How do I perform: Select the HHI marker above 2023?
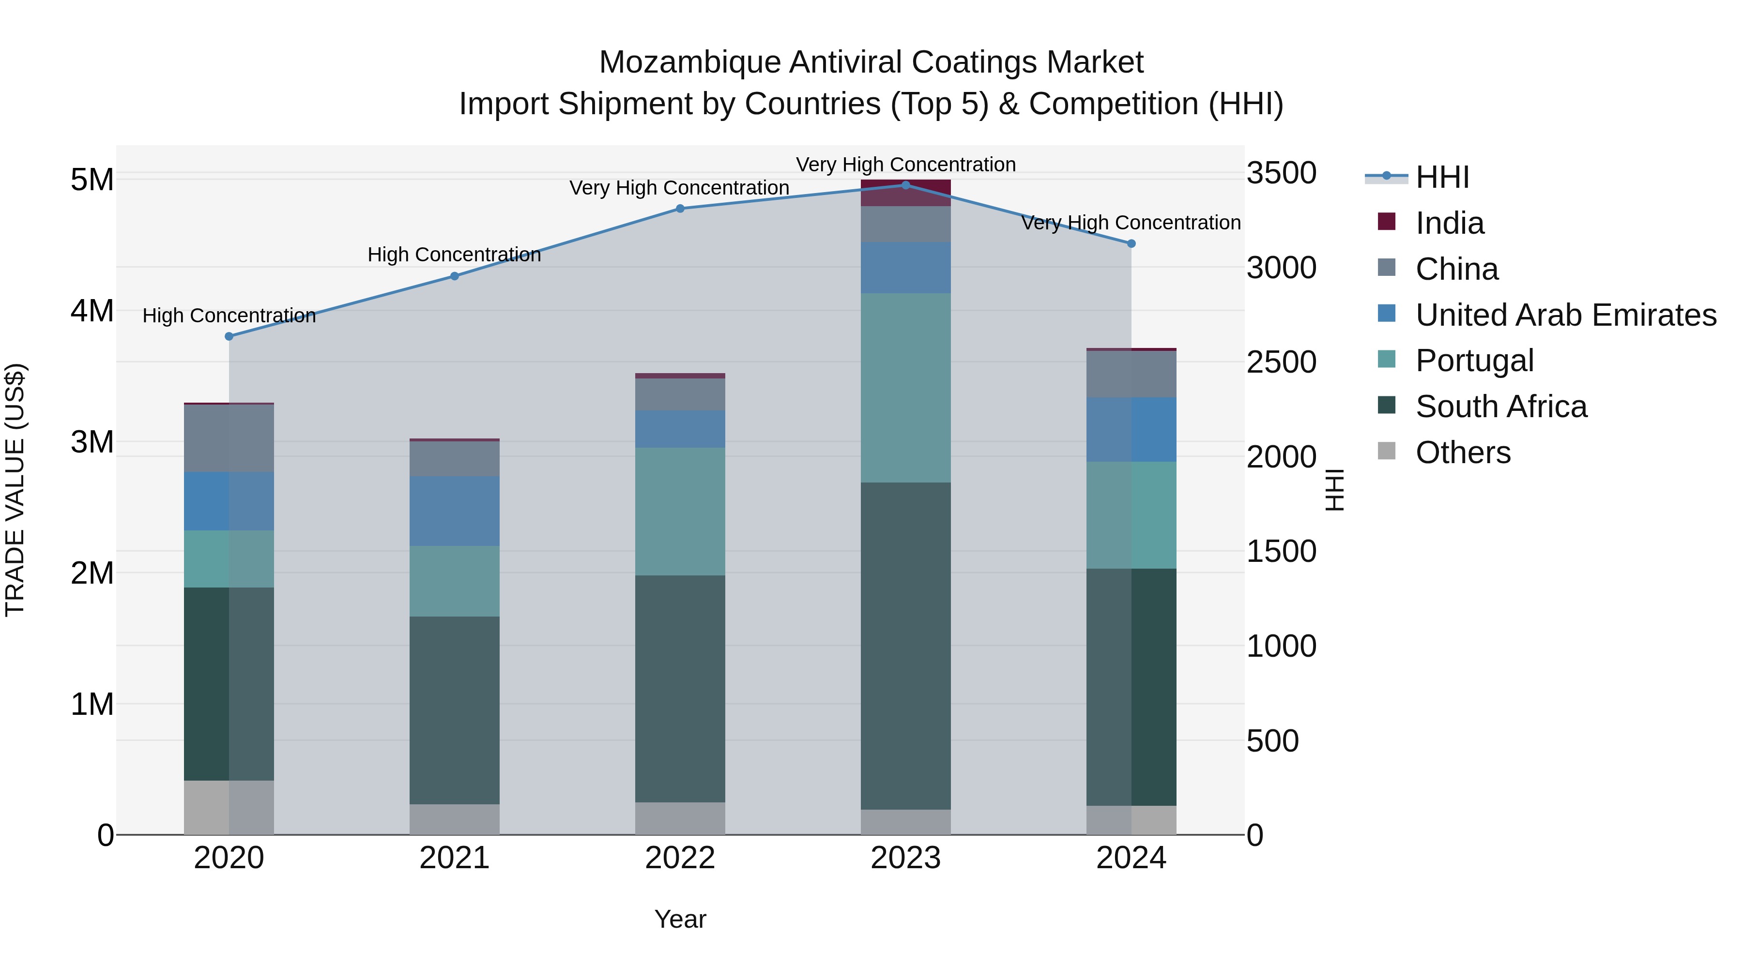tap(906, 185)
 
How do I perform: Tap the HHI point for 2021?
tap(455, 276)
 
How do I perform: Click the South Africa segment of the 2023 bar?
tap(906, 646)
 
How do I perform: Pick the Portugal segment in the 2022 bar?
tap(680, 512)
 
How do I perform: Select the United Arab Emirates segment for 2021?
tap(455, 511)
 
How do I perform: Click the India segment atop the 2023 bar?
tap(906, 193)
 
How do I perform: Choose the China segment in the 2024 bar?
tap(1131, 374)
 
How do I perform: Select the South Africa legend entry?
tap(1501, 407)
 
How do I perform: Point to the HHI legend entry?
tap(1442, 177)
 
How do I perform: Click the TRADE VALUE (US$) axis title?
tap(15, 490)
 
